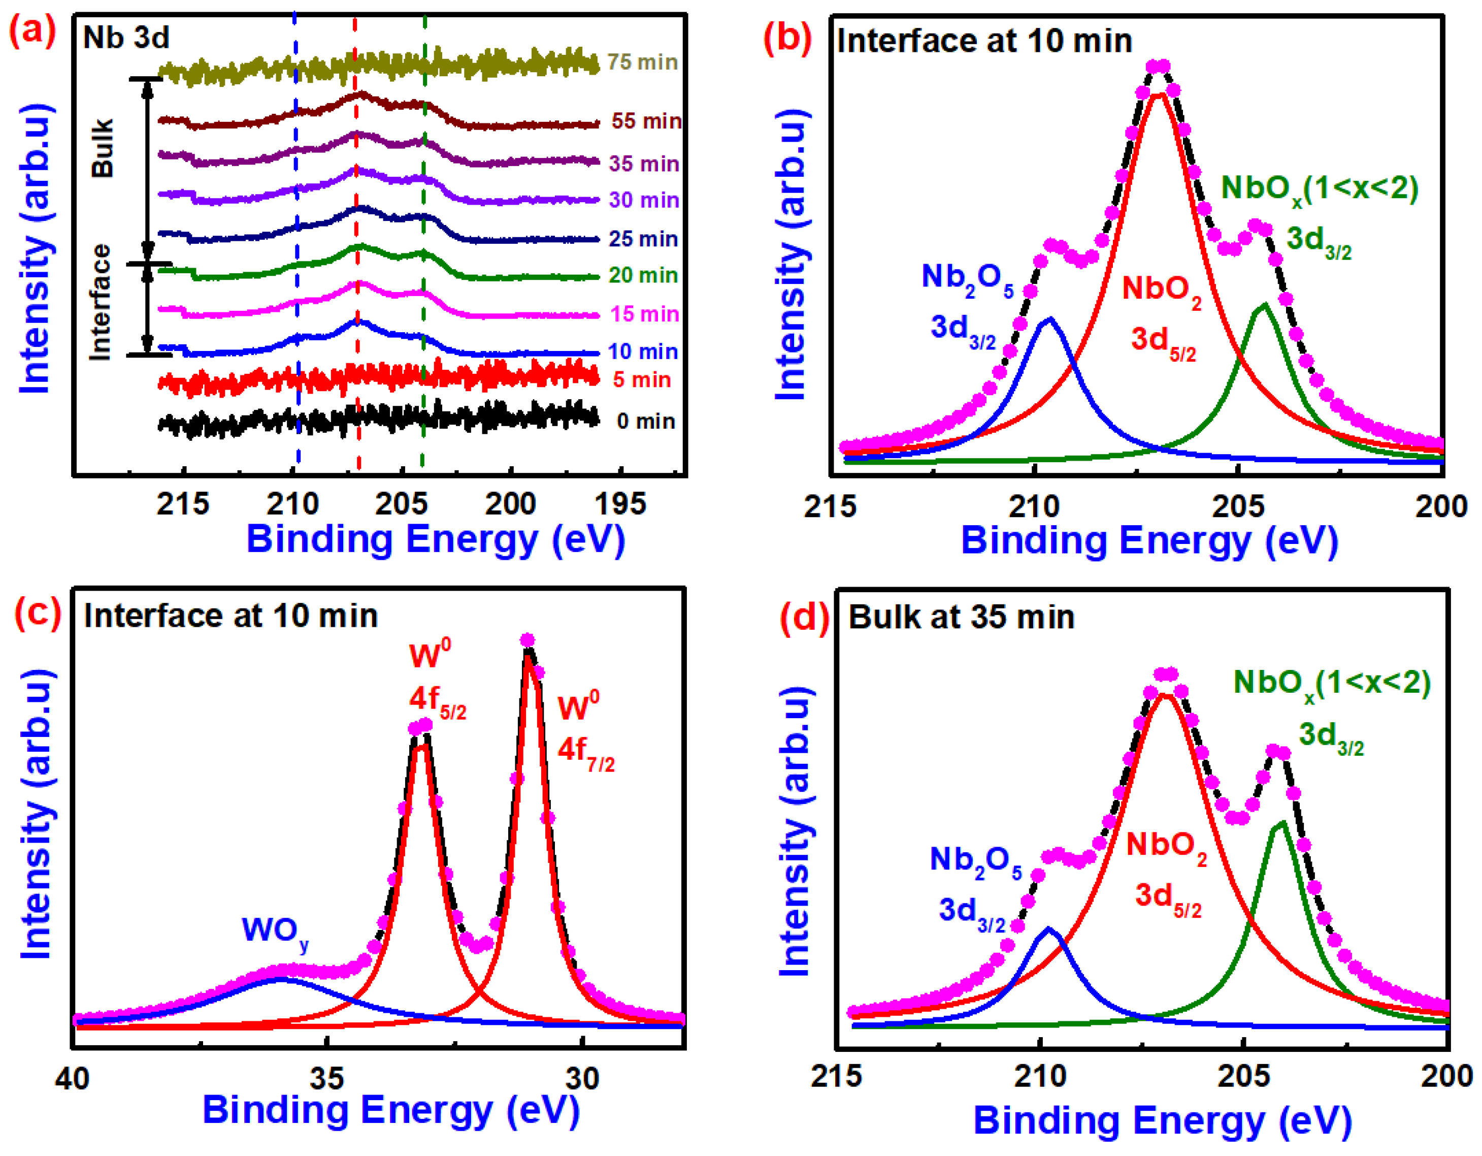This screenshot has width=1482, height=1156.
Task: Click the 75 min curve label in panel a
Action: point(642,62)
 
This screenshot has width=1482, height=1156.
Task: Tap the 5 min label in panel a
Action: point(642,379)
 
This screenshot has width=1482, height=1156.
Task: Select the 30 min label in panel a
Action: point(643,200)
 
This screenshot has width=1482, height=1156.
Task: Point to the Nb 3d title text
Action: point(126,38)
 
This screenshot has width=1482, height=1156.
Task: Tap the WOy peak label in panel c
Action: point(275,930)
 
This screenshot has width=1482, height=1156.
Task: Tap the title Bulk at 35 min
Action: point(961,618)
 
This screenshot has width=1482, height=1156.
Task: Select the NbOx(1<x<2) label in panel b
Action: point(1319,189)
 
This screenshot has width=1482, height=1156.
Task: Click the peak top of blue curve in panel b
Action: point(1050,319)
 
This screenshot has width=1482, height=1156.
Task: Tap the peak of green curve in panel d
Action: point(1281,824)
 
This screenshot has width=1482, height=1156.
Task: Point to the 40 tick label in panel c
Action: point(72,1078)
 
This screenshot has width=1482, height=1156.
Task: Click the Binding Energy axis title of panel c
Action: point(391,1110)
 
